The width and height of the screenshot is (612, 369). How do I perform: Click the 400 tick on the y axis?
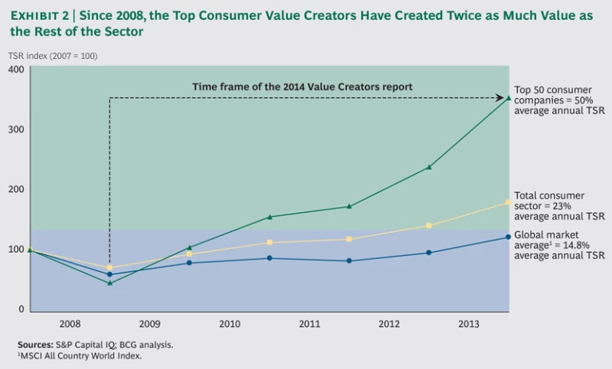coord(15,70)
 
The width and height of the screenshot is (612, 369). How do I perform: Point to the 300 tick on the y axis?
coord(15,130)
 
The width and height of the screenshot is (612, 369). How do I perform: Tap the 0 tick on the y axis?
coord(21,309)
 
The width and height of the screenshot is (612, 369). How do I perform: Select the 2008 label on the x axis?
coord(69,324)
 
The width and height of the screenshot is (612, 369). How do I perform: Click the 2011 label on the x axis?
coord(309,324)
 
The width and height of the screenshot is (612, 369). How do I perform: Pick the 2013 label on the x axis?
coord(469,324)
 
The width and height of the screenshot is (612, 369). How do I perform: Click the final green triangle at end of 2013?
coord(509,98)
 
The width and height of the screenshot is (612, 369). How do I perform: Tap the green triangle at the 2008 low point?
coord(109,283)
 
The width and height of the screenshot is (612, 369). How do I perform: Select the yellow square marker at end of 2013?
coord(509,202)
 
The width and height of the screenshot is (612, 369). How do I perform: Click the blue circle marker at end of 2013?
coord(509,237)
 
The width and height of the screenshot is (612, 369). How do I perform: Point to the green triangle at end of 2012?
coord(429,167)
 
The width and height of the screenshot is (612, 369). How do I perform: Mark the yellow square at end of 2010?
coord(269,242)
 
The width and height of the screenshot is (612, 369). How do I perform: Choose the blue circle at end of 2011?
coord(349,261)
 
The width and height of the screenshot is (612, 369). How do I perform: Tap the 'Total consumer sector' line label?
coord(559,206)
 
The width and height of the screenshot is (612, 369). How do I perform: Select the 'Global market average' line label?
coord(559,245)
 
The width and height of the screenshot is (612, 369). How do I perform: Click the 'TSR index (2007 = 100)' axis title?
coord(53,56)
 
